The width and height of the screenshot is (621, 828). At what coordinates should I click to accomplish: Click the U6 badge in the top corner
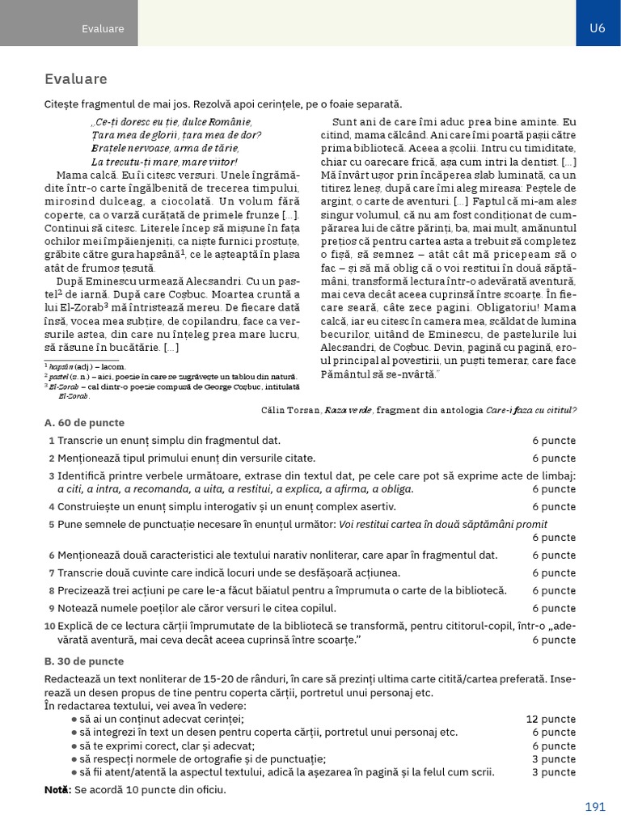(598, 27)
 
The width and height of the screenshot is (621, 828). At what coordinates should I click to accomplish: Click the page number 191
(595, 807)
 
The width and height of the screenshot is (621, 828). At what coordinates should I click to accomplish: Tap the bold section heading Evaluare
(76, 79)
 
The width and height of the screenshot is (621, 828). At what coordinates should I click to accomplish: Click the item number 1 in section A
(51, 441)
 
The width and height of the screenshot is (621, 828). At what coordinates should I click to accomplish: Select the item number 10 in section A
(49, 626)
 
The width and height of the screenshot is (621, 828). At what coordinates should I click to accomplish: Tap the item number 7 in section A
(51, 573)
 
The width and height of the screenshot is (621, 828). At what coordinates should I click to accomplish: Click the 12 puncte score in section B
(551, 719)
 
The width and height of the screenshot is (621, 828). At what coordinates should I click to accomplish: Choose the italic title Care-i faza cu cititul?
(531, 410)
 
